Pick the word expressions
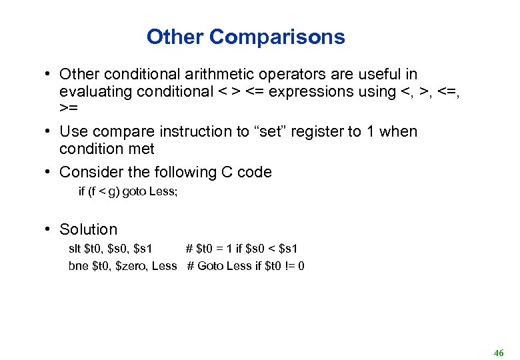[x=310, y=92]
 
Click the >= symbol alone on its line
[x=67, y=108]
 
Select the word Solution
[x=88, y=229]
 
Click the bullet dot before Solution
[x=49, y=229]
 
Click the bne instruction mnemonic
[x=78, y=266]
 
